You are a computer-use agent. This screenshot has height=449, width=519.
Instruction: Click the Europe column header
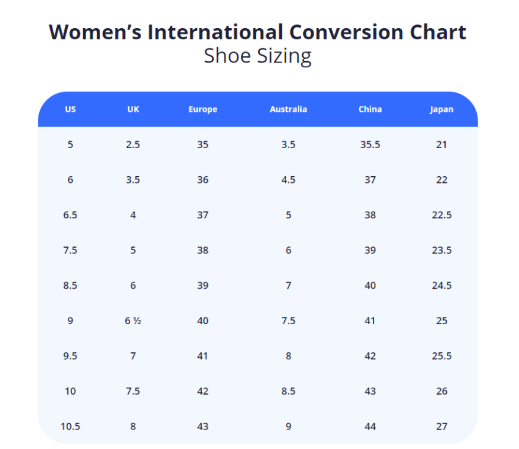tap(202, 109)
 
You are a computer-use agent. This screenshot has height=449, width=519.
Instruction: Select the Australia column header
tap(288, 109)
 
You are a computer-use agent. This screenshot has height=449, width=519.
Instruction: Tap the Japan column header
tap(441, 109)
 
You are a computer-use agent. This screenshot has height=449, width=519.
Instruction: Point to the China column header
tap(370, 109)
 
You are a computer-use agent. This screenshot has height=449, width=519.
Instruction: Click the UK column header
tap(133, 109)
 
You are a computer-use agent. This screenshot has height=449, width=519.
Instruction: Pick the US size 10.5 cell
tap(70, 426)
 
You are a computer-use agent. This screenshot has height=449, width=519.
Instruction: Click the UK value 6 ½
tap(133, 321)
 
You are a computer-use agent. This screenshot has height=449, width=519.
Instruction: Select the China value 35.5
tap(370, 145)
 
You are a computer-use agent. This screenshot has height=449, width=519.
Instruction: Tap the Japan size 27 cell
tap(441, 426)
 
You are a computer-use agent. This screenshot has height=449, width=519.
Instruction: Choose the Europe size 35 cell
tap(202, 145)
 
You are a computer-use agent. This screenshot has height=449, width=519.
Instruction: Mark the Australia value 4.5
tap(288, 180)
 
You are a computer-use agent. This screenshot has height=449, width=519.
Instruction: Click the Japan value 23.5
tap(441, 250)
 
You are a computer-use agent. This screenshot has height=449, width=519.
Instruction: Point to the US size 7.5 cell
tap(70, 250)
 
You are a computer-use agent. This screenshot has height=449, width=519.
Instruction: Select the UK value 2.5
tap(133, 145)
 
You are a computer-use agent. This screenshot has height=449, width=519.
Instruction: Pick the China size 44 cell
tap(370, 426)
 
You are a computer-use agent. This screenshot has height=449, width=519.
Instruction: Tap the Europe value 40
tap(202, 321)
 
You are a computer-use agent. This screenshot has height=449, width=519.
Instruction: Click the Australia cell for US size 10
tap(288, 391)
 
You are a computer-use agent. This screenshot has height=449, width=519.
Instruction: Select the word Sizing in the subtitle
tap(284, 56)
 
